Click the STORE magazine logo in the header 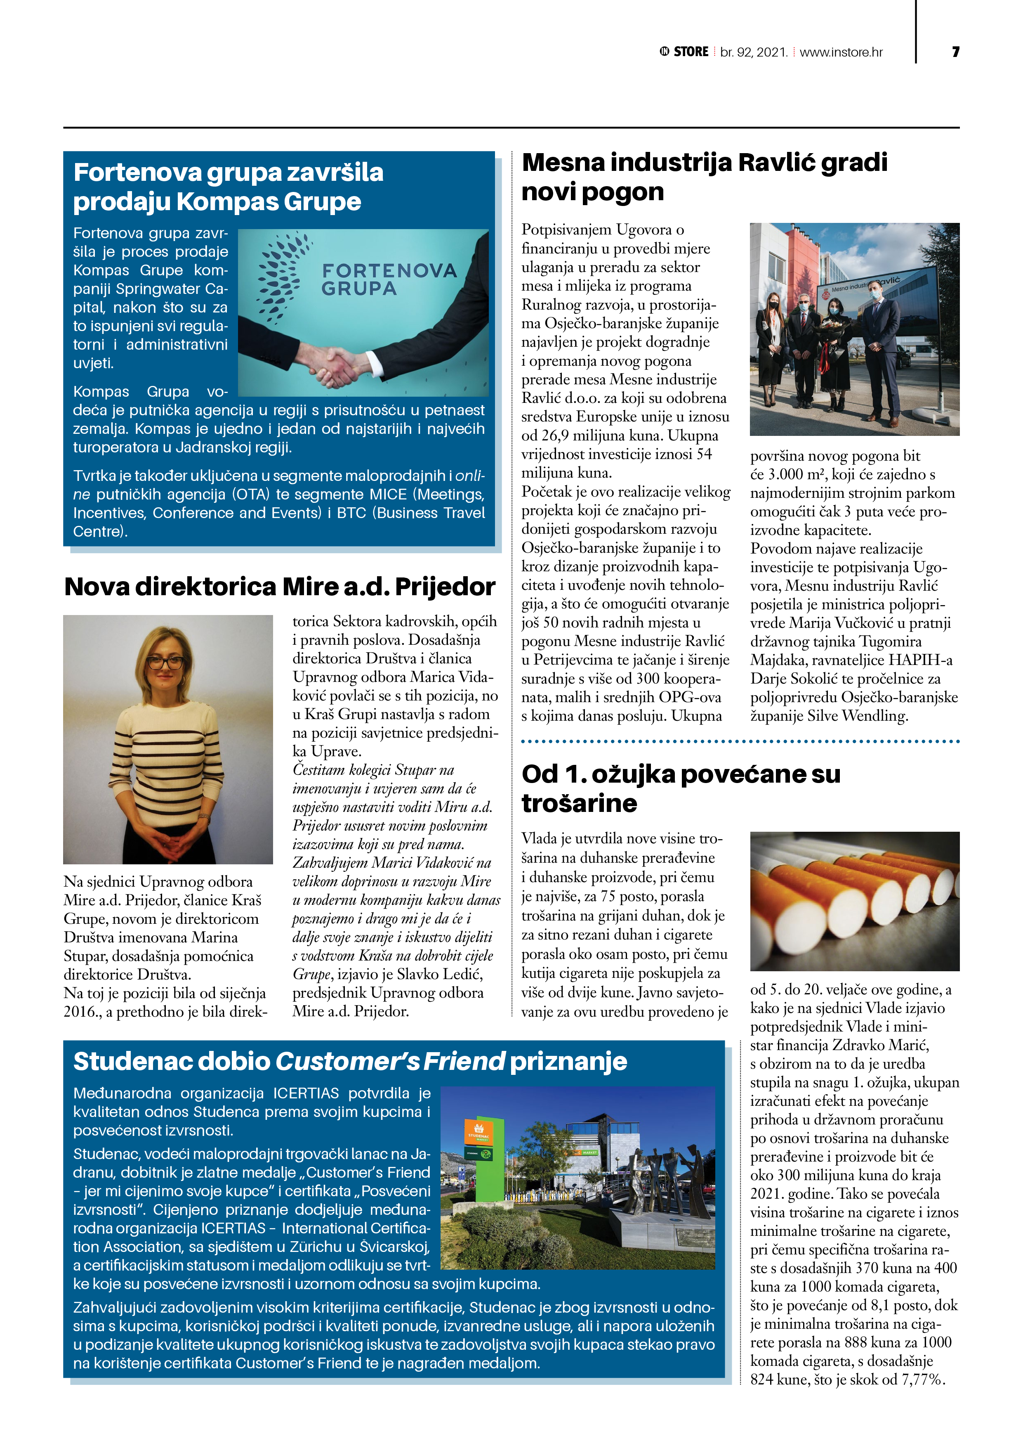coord(684,52)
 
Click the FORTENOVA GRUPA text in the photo coord(389,279)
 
